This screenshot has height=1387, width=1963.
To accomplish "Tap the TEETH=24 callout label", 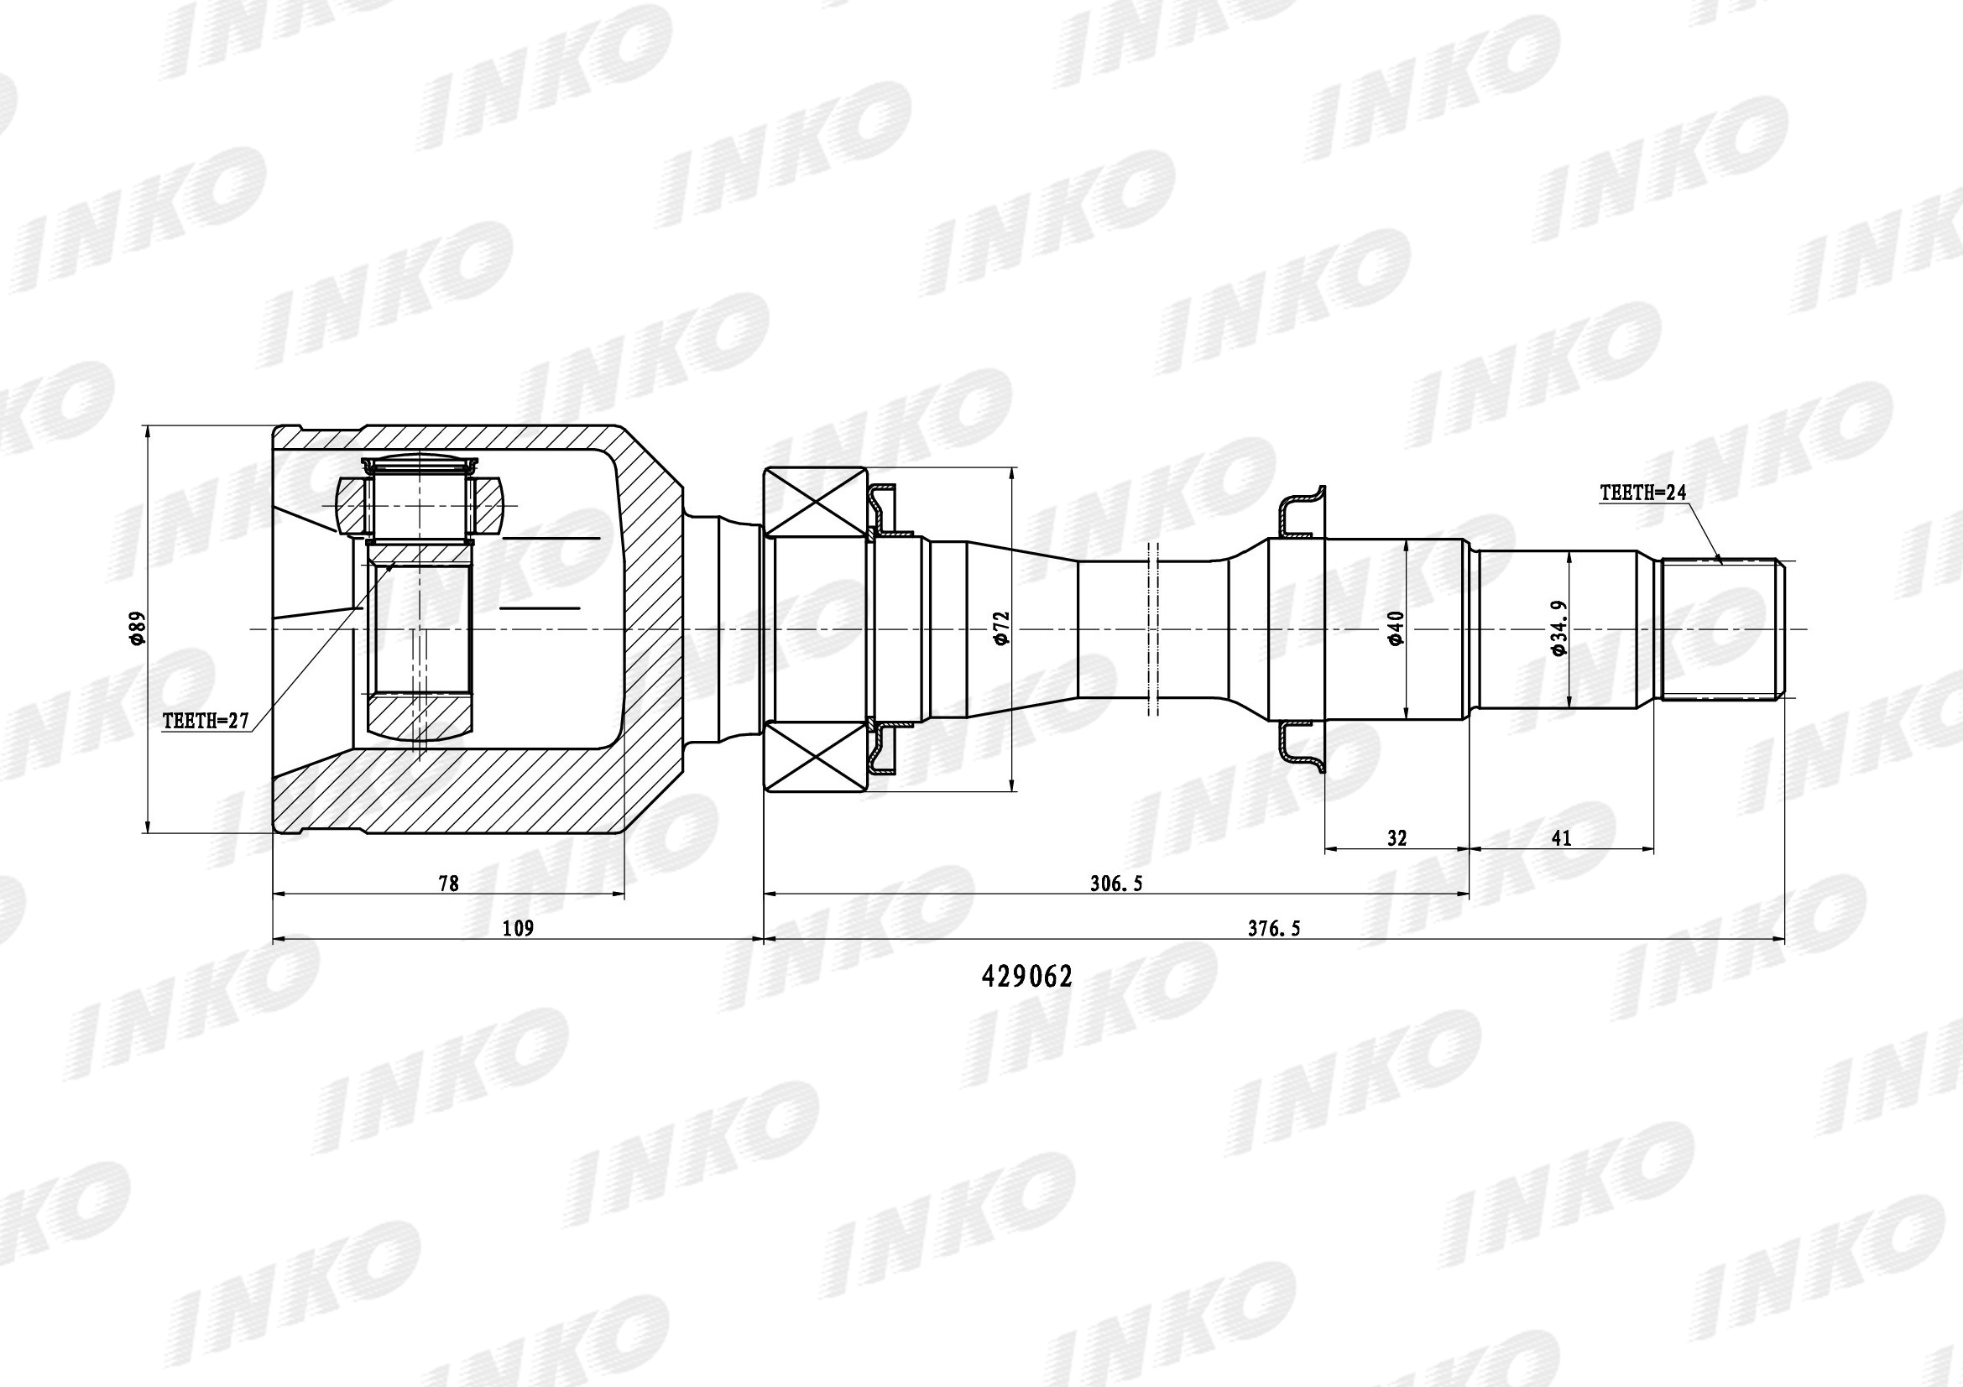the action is (1643, 493).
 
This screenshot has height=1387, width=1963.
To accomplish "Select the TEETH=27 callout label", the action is (205, 722).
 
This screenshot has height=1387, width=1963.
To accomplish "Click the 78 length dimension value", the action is (448, 884).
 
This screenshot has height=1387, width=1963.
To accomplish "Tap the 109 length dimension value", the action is (518, 928).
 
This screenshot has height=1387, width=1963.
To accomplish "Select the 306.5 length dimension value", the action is (1115, 884).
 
